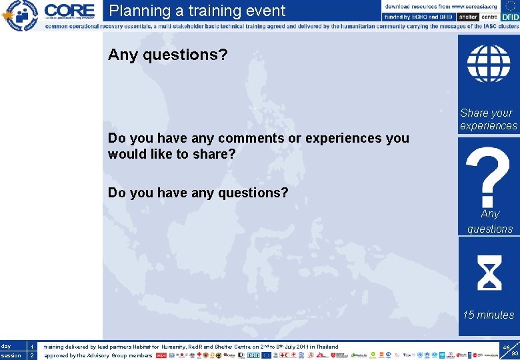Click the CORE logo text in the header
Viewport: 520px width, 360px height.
[69, 11]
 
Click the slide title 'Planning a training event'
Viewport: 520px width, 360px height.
[197, 11]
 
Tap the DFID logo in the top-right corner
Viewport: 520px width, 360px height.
[510, 17]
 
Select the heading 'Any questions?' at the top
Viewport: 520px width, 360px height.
[167, 55]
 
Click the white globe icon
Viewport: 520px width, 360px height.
[488, 64]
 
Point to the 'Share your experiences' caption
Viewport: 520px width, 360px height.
[488, 119]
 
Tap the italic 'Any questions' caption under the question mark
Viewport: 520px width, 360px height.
[489, 221]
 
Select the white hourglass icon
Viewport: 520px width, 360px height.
[489, 273]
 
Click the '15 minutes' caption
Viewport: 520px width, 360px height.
[489, 315]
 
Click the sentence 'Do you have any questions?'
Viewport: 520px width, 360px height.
[198, 193]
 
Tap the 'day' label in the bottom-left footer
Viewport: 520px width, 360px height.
[6, 347]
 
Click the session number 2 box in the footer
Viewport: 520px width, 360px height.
[31, 355]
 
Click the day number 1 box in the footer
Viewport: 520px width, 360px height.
[31, 347]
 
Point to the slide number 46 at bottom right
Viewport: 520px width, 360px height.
[506, 347]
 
